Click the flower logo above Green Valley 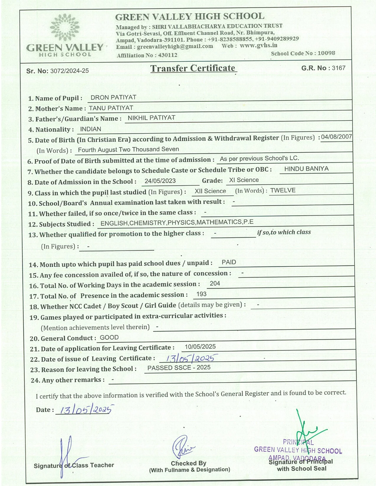pos(65,27)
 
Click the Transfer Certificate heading pos(193,68)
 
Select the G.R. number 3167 pos(338,68)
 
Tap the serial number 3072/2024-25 pos(69,71)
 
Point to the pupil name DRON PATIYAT pos(113,97)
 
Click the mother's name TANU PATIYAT pos(111,108)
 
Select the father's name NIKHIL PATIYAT pos(151,118)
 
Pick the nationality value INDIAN pos(91,129)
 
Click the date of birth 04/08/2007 pos(336,137)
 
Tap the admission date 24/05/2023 pos(160,181)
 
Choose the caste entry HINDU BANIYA pos(306,169)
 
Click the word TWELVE pos(283,190)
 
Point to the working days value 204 pos(215,283)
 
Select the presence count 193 pos(201,294)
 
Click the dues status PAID pos(229,262)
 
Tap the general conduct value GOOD pos(109,338)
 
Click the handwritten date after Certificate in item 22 pos(190,358)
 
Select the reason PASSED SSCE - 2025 pos(179,368)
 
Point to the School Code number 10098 pos(326,53)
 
